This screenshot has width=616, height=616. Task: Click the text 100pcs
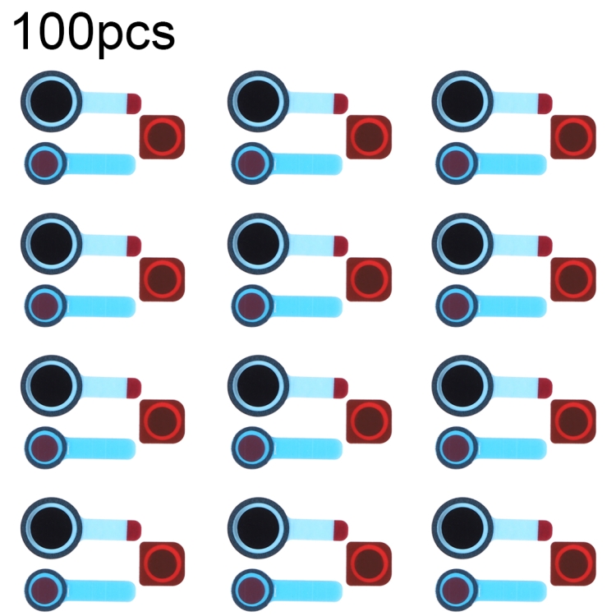pos(94,30)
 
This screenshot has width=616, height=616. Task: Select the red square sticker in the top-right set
pos(572,136)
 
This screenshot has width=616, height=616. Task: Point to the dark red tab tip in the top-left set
pos(134,102)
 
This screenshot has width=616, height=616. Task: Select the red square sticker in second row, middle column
pos(368,278)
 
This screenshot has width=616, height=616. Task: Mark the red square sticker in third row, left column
pos(161,421)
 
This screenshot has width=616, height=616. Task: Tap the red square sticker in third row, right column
pos(572,421)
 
